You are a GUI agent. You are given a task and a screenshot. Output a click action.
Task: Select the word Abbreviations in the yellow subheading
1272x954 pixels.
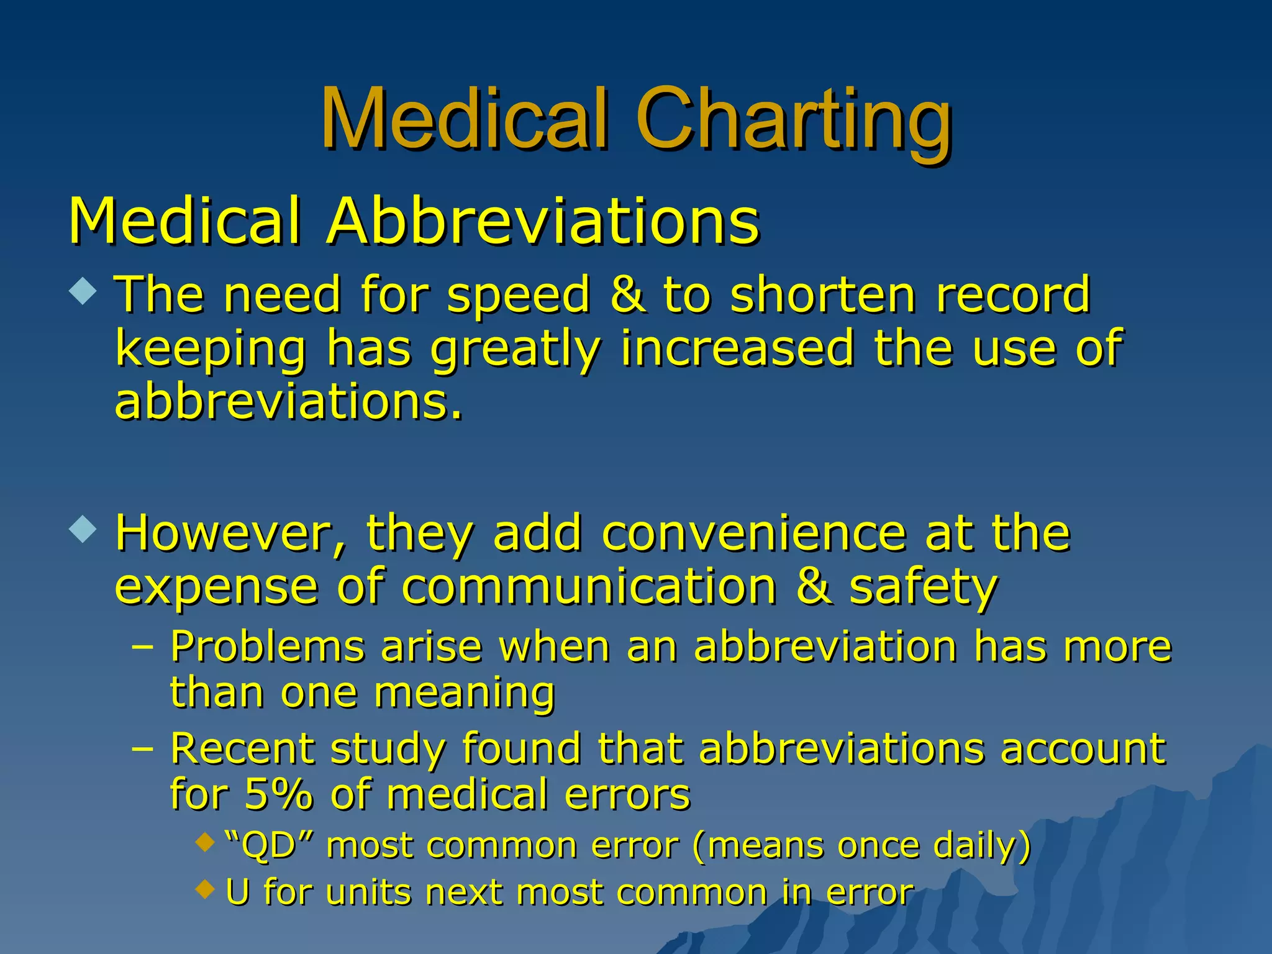pos(543,221)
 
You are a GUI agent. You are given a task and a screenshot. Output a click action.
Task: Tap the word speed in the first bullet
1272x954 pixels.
pos(519,294)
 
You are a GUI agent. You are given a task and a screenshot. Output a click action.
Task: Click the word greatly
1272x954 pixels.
pos(516,349)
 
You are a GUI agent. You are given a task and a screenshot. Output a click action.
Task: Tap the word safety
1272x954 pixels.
pos(924,588)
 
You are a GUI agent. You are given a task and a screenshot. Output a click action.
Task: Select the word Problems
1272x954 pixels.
pos(267,647)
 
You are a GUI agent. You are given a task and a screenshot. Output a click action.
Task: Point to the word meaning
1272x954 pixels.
pos(465,693)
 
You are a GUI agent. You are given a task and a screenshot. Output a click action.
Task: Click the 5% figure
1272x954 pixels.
pos(278,794)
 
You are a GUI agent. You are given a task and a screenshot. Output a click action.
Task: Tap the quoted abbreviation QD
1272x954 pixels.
pos(268,846)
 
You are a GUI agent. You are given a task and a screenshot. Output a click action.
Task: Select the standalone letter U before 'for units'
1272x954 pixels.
pos(238,893)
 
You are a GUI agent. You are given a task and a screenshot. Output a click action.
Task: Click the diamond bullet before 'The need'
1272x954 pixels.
pos(83,291)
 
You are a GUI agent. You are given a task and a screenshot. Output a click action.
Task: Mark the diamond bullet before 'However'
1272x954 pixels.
pos(83,529)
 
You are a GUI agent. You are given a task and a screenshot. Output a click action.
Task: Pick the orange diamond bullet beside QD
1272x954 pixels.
pos(204,843)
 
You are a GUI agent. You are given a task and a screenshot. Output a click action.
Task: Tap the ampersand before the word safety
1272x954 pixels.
pos(813,586)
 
